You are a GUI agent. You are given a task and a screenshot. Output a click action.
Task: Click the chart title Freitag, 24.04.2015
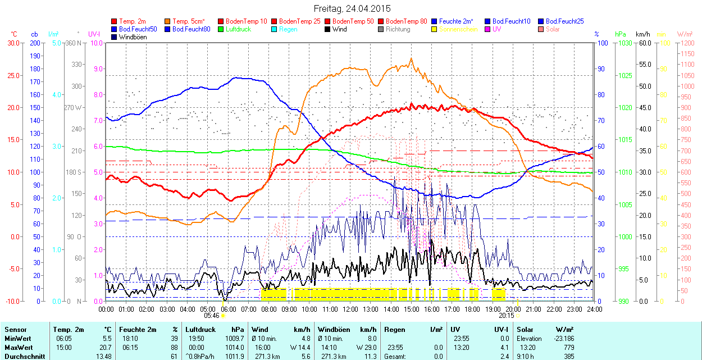point(351,8)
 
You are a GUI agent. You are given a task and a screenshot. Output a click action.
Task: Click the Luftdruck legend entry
point(235,29)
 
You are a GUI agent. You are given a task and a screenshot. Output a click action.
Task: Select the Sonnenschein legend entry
point(458,29)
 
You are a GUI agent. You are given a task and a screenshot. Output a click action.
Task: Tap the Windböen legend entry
point(133,37)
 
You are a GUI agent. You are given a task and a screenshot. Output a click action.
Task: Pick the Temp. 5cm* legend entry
point(188,21)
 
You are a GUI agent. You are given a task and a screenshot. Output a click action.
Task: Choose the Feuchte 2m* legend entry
point(457,21)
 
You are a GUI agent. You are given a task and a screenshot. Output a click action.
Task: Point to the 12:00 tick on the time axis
point(350,309)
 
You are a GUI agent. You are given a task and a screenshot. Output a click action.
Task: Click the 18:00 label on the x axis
point(472,309)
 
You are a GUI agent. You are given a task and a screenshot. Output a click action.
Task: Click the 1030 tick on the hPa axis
point(626,43)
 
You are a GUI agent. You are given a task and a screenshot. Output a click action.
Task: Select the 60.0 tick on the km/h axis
point(644,43)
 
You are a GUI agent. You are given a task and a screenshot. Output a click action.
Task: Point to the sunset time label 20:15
point(505,315)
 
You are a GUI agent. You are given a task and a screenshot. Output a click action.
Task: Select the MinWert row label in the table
point(17,339)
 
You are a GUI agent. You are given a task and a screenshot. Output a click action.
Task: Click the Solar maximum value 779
point(569,348)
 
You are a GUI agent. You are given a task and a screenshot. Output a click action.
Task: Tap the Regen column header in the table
point(394,330)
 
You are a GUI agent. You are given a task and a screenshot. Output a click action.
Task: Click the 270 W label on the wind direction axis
point(73,107)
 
